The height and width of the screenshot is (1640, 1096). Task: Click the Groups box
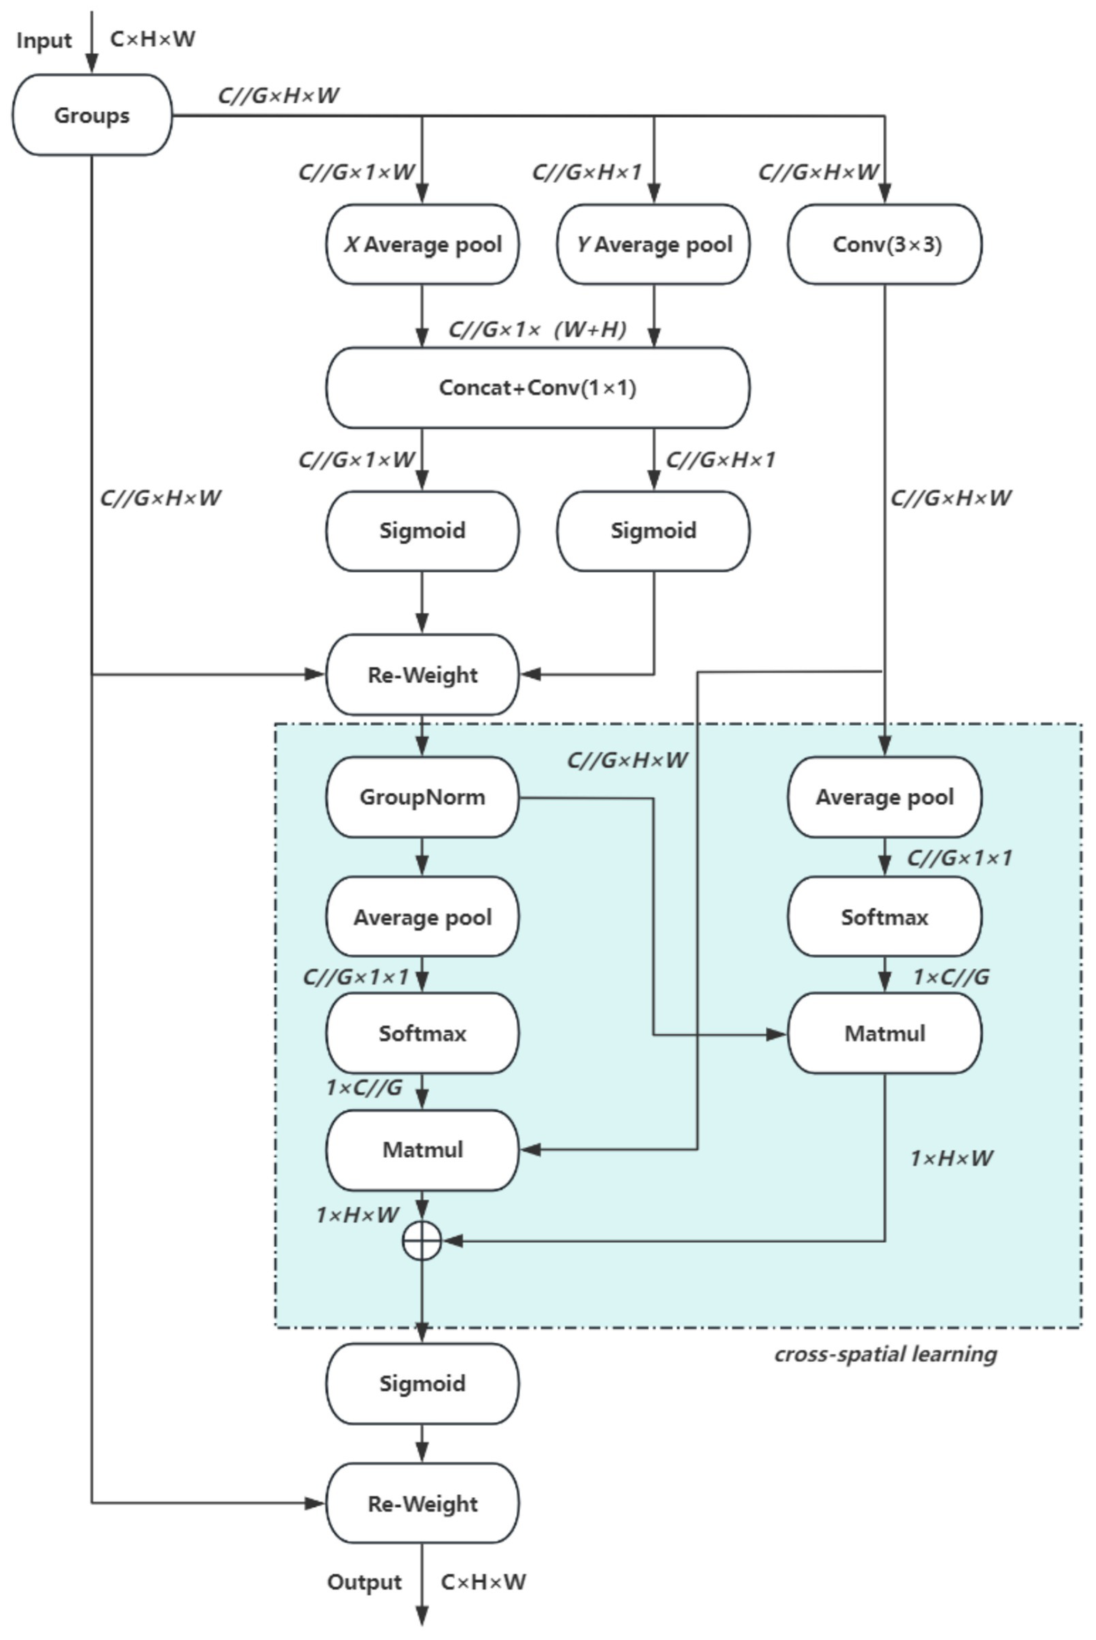(x=92, y=115)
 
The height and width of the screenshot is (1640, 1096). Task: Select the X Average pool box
(x=423, y=244)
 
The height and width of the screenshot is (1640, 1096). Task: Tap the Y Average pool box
(x=653, y=244)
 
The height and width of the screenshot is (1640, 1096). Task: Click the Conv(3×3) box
(x=885, y=244)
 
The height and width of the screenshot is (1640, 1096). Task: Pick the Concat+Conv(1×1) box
(x=538, y=388)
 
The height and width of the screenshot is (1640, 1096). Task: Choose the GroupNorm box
(x=423, y=796)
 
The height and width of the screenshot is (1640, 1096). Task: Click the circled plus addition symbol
(x=422, y=1241)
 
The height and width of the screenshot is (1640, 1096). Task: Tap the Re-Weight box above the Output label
(x=423, y=1504)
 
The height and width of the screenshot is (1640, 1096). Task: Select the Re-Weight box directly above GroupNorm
(x=423, y=674)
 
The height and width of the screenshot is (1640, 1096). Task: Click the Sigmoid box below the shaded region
(x=423, y=1384)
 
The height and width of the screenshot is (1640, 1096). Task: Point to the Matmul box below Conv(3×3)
(x=885, y=1033)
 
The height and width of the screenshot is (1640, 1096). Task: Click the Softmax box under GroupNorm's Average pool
(x=423, y=1033)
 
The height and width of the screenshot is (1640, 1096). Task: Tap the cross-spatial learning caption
(x=885, y=1354)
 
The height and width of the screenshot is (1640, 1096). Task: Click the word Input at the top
(x=44, y=41)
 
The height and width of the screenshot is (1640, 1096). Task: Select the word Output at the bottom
(x=364, y=1582)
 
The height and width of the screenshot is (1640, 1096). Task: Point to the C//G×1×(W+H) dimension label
(x=537, y=329)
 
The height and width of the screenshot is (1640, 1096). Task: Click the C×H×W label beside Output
(x=483, y=1582)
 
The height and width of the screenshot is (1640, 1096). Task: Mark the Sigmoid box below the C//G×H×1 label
(x=653, y=530)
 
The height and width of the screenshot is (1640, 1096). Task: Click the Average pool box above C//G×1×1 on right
(x=885, y=796)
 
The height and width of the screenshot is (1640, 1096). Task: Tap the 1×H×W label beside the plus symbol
(x=357, y=1214)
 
